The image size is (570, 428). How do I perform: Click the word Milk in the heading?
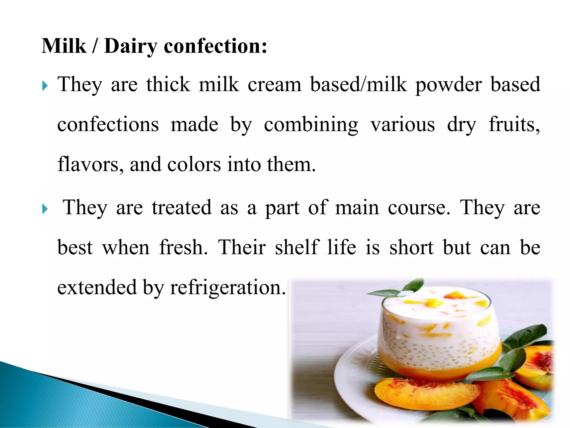point(64,46)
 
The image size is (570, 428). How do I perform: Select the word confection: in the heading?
point(215,46)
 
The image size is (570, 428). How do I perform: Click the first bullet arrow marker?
point(45,86)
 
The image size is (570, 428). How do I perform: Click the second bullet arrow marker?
point(45,209)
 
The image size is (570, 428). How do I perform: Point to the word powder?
point(448,85)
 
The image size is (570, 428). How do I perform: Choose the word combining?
point(311,125)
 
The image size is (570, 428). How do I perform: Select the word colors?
point(194,164)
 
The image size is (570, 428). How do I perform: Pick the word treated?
point(181,208)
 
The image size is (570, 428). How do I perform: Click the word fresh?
point(183,247)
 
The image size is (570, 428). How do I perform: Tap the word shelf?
point(296,247)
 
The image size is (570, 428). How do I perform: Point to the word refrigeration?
point(228,287)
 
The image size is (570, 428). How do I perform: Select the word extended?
point(97,287)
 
